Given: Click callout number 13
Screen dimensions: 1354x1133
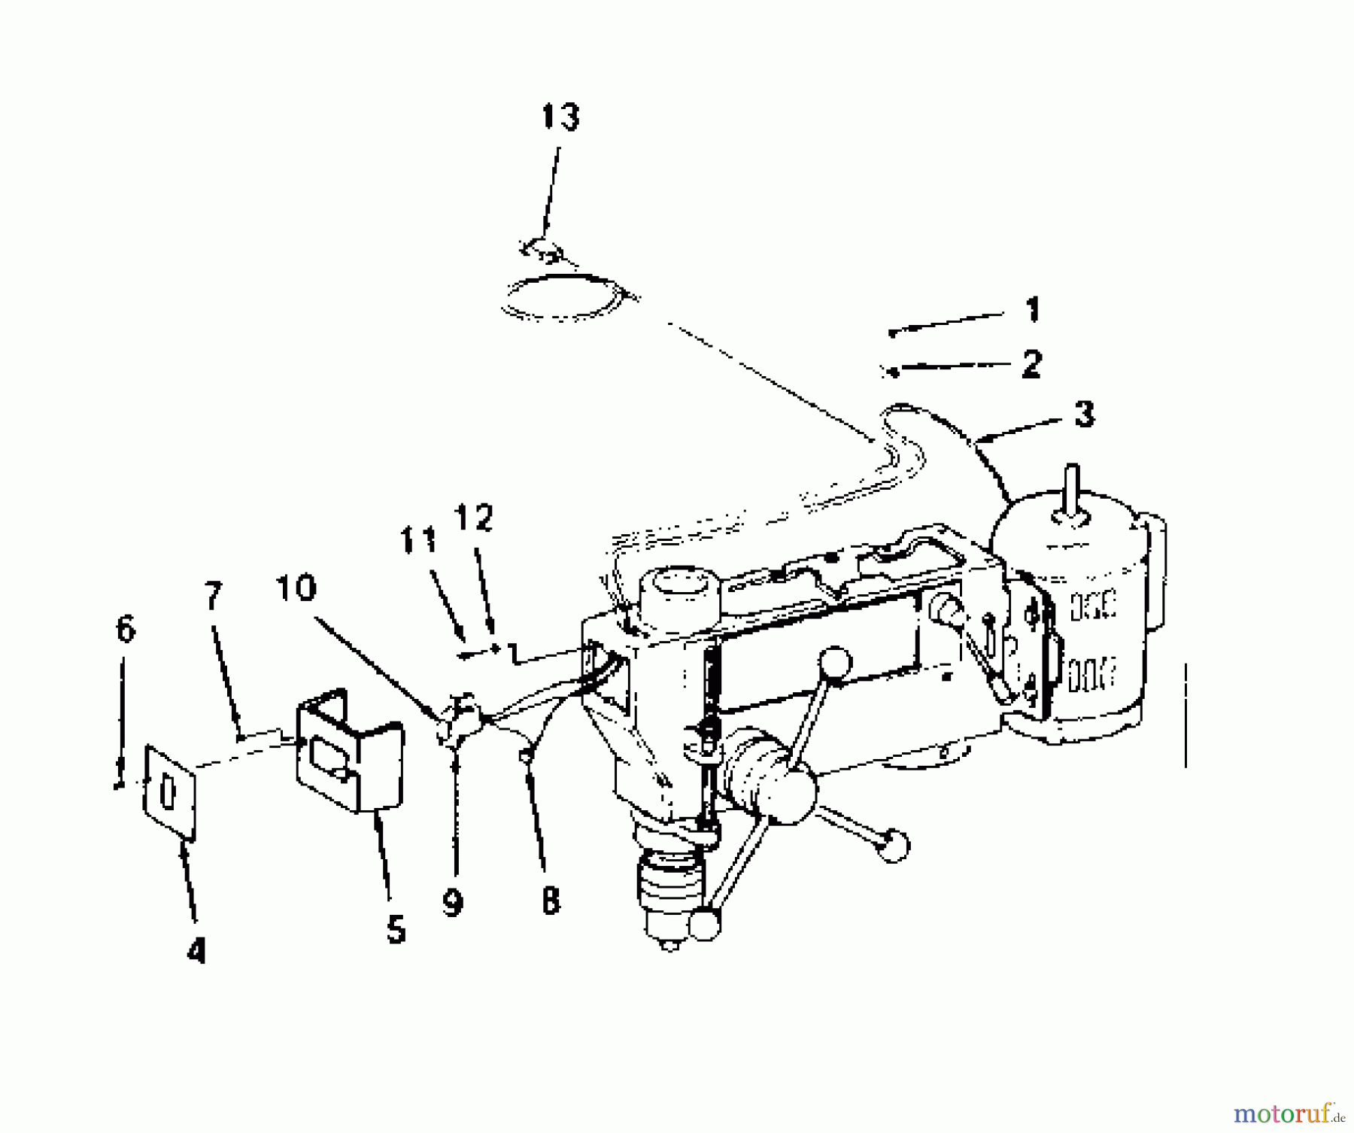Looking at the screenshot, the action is click(x=560, y=117).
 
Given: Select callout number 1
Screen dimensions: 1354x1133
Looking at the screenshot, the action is click(x=1032, y=309).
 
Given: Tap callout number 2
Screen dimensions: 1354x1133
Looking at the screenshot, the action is click(x=1031, y=364).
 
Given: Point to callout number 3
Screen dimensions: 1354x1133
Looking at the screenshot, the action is click(x=1084, y=415).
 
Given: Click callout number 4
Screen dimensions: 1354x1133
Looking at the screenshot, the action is click(x=196, y=952).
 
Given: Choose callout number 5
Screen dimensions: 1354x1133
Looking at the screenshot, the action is click(x=396, y=929).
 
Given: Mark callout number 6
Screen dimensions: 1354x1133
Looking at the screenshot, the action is click(x=126, y=629).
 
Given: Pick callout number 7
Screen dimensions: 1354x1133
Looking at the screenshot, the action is click(x=214, y=596).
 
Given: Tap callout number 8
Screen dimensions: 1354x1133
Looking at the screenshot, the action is click(x=551, y=900).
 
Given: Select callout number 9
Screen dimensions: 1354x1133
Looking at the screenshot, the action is click(x=452, y=903).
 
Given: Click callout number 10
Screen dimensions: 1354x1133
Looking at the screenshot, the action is click(x=296, y=588).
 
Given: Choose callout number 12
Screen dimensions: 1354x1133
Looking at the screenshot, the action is click(x=473, y=518).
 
